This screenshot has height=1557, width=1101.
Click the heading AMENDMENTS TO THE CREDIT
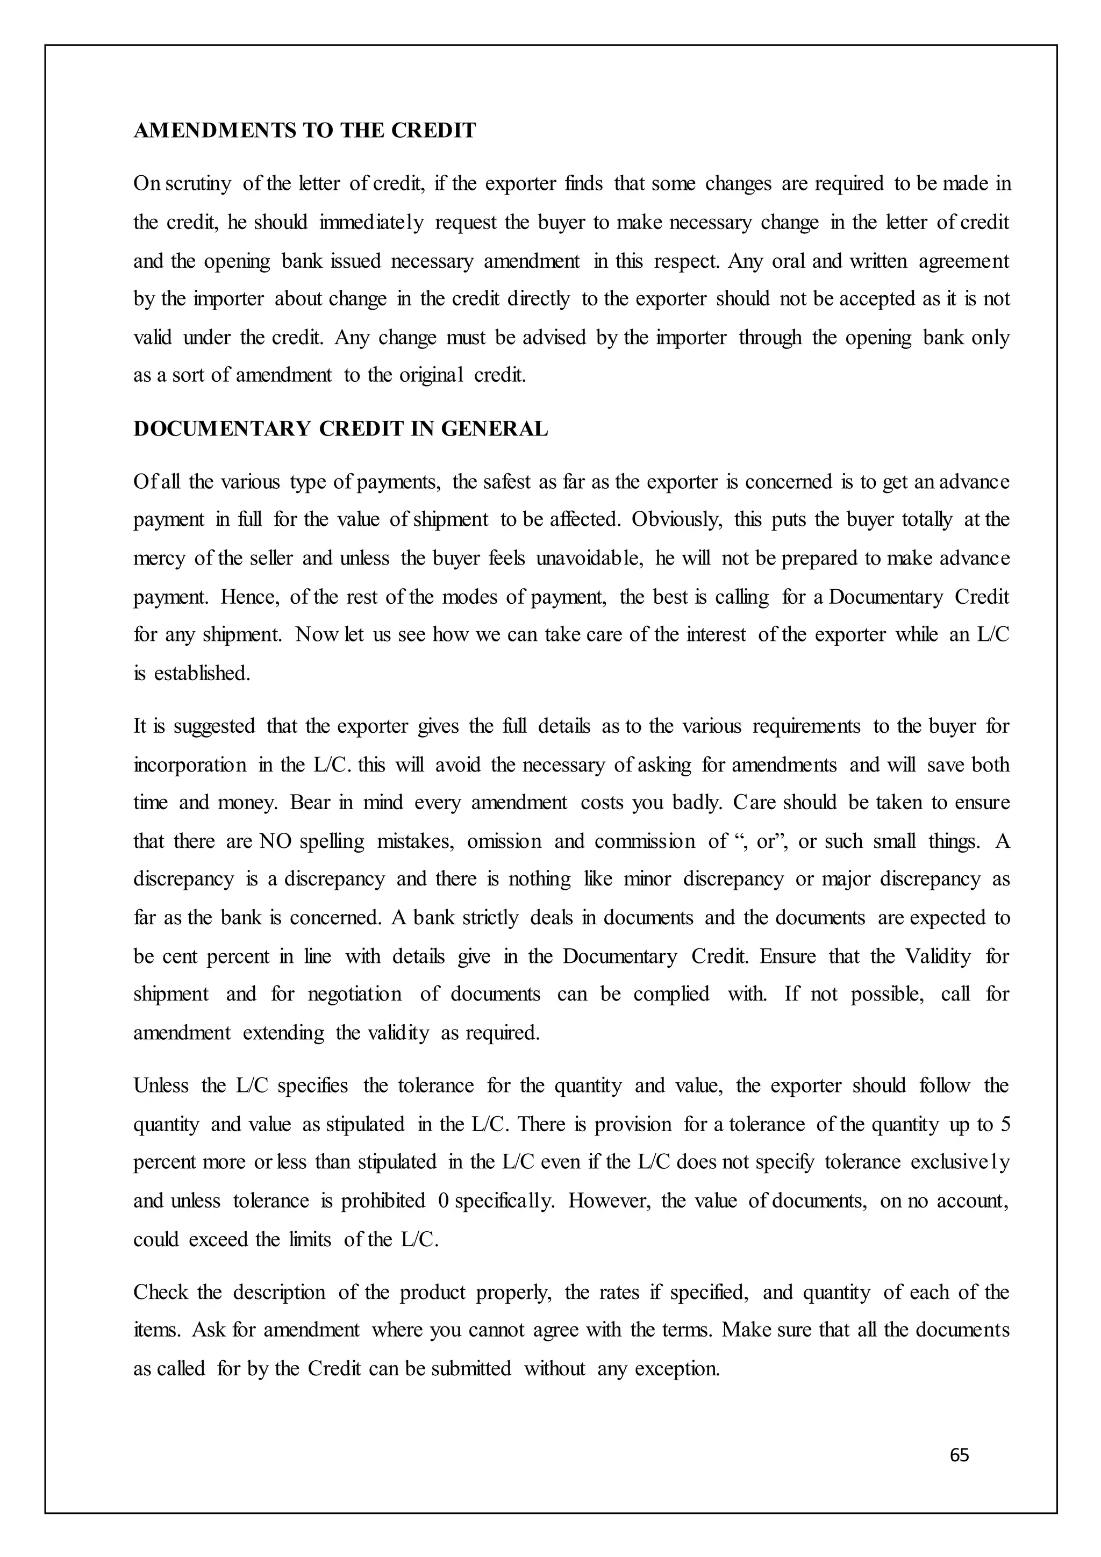point(304,130)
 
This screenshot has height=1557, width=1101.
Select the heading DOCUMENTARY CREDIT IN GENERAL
point(340,429)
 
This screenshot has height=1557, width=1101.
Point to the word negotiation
point(355,995)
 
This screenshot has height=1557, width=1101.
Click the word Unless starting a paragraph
point(161,1085)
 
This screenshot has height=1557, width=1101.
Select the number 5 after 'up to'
point(1005,1124)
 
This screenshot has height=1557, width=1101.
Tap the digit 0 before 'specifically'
point(444,1201)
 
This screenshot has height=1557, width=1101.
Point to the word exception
point(677,1368)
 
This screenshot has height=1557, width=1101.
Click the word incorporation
point(190,765)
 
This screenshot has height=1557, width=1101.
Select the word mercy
point(159,559)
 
